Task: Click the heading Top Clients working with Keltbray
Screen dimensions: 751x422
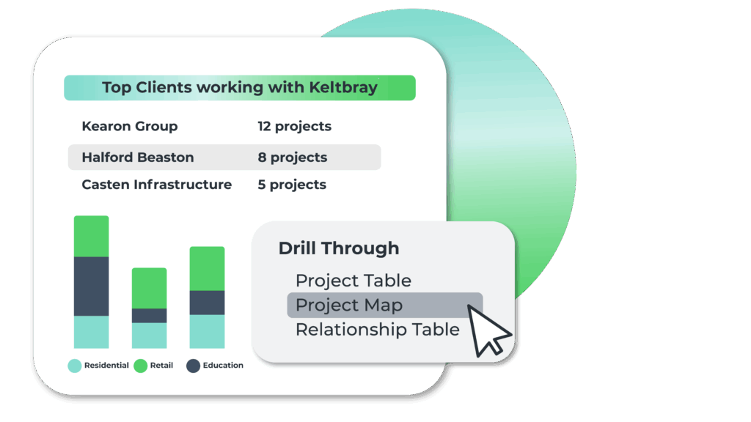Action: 240,88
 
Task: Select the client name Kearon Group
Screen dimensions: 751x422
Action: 130,126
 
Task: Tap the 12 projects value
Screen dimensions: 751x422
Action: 295,126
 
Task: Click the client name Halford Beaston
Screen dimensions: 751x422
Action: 138,158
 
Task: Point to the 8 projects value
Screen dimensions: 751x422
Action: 293,158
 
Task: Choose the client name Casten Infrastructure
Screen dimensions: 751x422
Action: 157,185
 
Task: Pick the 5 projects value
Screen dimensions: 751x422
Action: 292,185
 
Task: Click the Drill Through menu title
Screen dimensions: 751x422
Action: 339,248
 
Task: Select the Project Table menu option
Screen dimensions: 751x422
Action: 353,281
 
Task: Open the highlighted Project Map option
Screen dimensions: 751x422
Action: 349,306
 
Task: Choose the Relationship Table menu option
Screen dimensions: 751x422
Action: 378,330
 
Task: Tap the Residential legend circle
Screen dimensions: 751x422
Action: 75,366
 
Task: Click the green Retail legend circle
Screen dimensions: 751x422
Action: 140,366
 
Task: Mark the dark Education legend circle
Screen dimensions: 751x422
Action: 193,366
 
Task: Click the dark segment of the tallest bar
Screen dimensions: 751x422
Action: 92,286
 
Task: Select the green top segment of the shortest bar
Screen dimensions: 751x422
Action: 150,288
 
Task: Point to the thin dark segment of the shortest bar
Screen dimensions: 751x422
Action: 150,316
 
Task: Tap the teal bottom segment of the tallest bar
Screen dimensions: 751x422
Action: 92,332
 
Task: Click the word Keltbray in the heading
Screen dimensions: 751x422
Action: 343,88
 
